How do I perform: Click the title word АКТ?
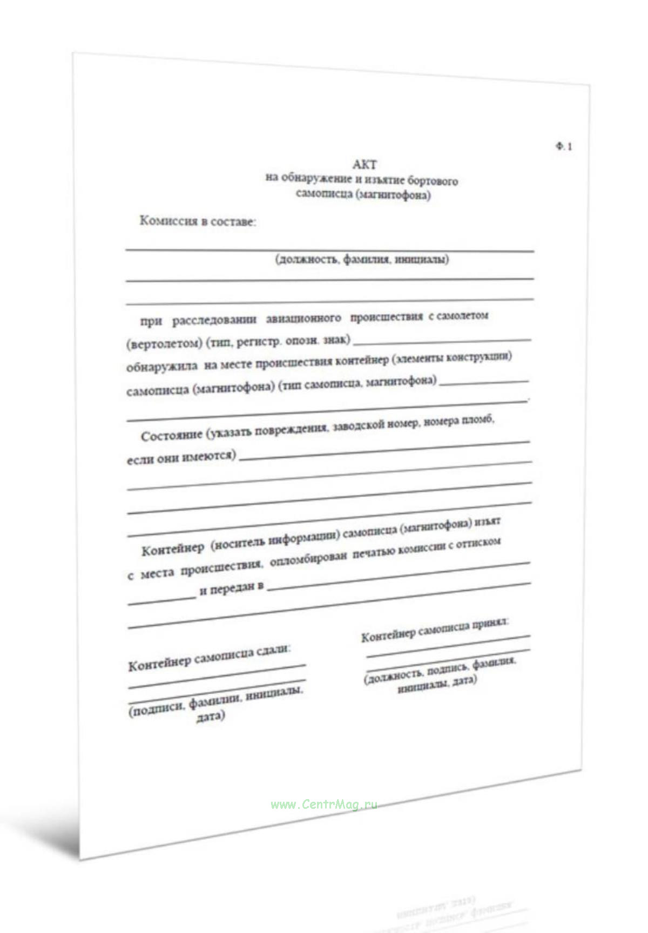364,165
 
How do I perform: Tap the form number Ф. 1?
564,146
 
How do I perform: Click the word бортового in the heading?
433,180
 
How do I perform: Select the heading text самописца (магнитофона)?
363,194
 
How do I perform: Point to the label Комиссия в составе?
198,221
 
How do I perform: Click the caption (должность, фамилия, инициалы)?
362,260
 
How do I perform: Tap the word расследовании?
214,320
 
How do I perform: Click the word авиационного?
303,318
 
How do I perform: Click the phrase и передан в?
231,589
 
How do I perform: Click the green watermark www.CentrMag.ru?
323,804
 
